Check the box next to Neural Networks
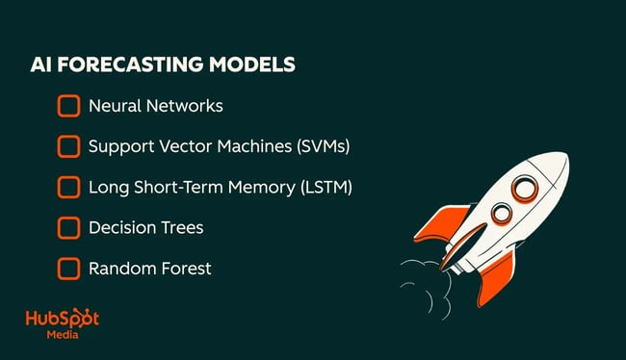point(68,106)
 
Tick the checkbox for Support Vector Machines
point(68,146)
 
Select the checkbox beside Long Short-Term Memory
point(68,187)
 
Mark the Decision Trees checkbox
point(68,228)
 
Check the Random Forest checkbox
point(68,269)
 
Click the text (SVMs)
point(323,147)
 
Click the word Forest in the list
point(182,269)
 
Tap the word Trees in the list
point(182,228)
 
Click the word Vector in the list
point(182,147)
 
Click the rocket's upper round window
point(524,188)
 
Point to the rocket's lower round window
point(501,213)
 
